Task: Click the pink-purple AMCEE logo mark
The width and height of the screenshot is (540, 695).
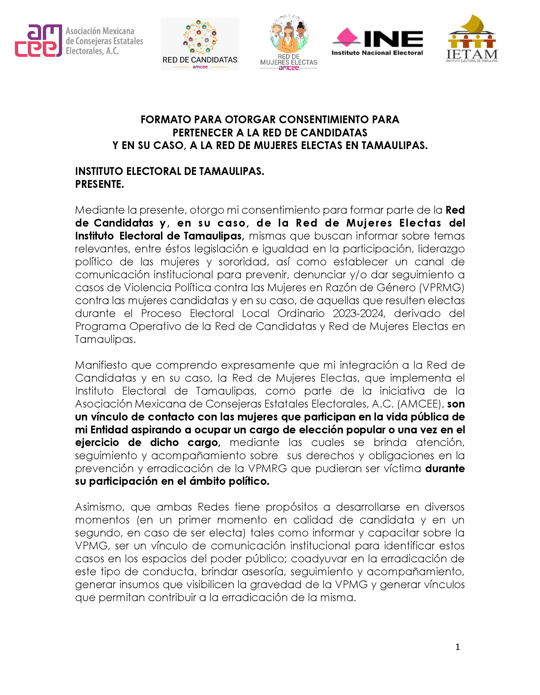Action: tap(38, 41)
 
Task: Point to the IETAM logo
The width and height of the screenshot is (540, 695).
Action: tap(472, 39)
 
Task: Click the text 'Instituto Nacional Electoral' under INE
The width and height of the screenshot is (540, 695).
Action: tap(377, 53)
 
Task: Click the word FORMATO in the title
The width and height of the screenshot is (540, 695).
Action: tap(166, 120)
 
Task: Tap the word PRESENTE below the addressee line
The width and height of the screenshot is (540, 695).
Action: tap(99, 184)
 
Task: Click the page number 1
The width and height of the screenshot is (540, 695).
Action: tap(458, 647)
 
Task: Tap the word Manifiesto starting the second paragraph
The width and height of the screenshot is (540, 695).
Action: tap(101, 365)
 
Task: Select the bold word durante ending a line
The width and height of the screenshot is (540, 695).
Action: tap(445, 468)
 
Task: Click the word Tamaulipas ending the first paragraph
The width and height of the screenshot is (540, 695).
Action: tap(105, 339)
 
